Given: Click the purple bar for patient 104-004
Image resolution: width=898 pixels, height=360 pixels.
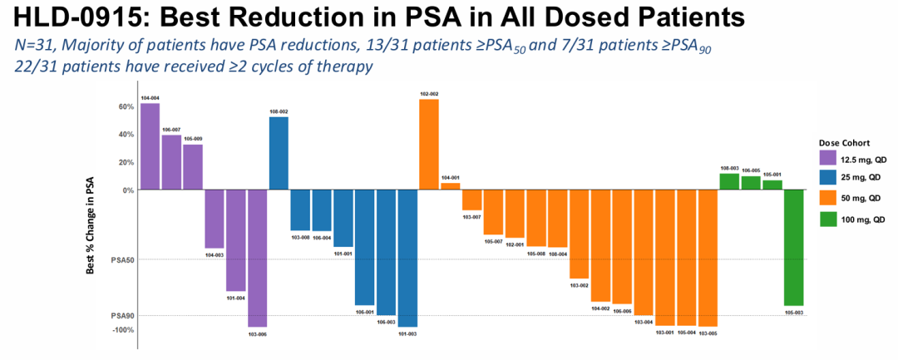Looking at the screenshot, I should (x=150, y=145).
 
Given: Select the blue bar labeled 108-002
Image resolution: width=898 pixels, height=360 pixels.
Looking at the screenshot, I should (x=279, y=153).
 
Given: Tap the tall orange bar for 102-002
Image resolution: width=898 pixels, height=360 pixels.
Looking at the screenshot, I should (x=429, y=145).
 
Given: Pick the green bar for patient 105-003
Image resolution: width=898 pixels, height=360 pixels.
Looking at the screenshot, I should (x=794, y=248).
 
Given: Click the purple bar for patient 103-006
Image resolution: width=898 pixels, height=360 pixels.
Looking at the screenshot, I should (x=257, y=258).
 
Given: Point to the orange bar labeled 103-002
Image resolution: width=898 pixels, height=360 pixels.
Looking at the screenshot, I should (x=580, y=234).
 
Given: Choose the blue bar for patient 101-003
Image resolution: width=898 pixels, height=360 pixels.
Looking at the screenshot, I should (x=407, y=258).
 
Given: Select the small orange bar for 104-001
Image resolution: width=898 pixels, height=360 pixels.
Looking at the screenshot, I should (x=450, y=186).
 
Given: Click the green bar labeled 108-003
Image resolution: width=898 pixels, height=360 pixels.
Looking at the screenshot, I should (x=729, y=181).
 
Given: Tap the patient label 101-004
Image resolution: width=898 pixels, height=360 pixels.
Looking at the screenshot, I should (x=235, y=298).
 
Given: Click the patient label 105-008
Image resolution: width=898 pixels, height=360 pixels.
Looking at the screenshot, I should (x=536, y=254).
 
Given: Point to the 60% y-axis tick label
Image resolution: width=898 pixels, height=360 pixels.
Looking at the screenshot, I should (x=126, y=106).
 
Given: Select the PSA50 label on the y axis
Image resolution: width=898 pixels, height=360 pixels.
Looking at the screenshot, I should (x=122, y=259).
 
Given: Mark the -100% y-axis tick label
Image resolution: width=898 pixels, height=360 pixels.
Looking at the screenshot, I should (x=123, y=330).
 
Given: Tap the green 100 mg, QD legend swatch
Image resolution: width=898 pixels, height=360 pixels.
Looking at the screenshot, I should (x=827, y=219).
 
